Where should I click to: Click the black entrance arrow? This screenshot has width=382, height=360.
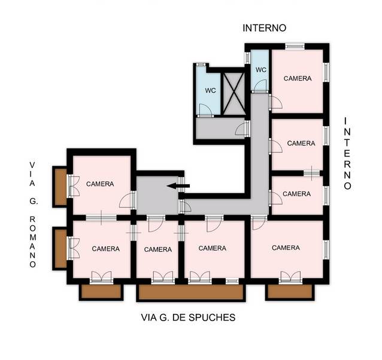tap(178, 186)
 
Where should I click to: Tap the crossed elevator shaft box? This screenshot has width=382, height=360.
tap(234, 94)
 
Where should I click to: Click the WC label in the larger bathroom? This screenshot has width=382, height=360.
tap(210, 90)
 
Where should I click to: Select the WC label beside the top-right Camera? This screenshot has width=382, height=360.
tap(261, 70)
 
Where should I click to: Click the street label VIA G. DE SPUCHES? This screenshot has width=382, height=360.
tap(189, 318)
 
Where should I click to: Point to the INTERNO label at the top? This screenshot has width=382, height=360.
tap(264, 28)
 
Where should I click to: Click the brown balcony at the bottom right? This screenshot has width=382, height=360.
tap(290, 291)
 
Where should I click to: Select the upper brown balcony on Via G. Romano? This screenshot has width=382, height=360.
tap(60, 187)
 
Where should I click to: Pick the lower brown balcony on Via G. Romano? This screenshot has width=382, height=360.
tap(60, 248)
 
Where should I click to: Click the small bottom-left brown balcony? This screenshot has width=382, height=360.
tap(101, 291)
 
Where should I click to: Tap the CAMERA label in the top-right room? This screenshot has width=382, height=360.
tap(298, 78)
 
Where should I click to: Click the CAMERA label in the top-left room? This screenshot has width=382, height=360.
tap(100, 184)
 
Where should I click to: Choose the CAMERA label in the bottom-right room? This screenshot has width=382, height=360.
tap(286, 248)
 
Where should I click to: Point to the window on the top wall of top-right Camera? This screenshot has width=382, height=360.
tap(295, 46)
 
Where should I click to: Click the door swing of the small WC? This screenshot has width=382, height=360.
tap(260, 86)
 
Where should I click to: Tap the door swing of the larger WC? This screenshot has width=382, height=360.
tap(205, 109)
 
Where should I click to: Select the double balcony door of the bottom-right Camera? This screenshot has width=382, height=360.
tap(290, 277)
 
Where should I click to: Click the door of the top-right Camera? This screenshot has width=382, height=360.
tap(277, 102)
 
